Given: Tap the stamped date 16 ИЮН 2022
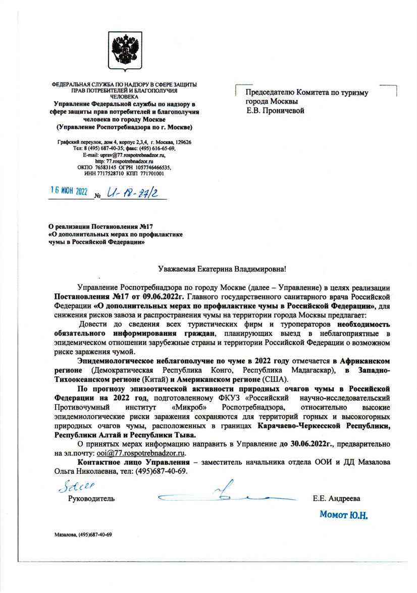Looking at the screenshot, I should (x=69, y=192).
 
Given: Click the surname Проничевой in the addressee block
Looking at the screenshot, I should (x=280, y=110).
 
